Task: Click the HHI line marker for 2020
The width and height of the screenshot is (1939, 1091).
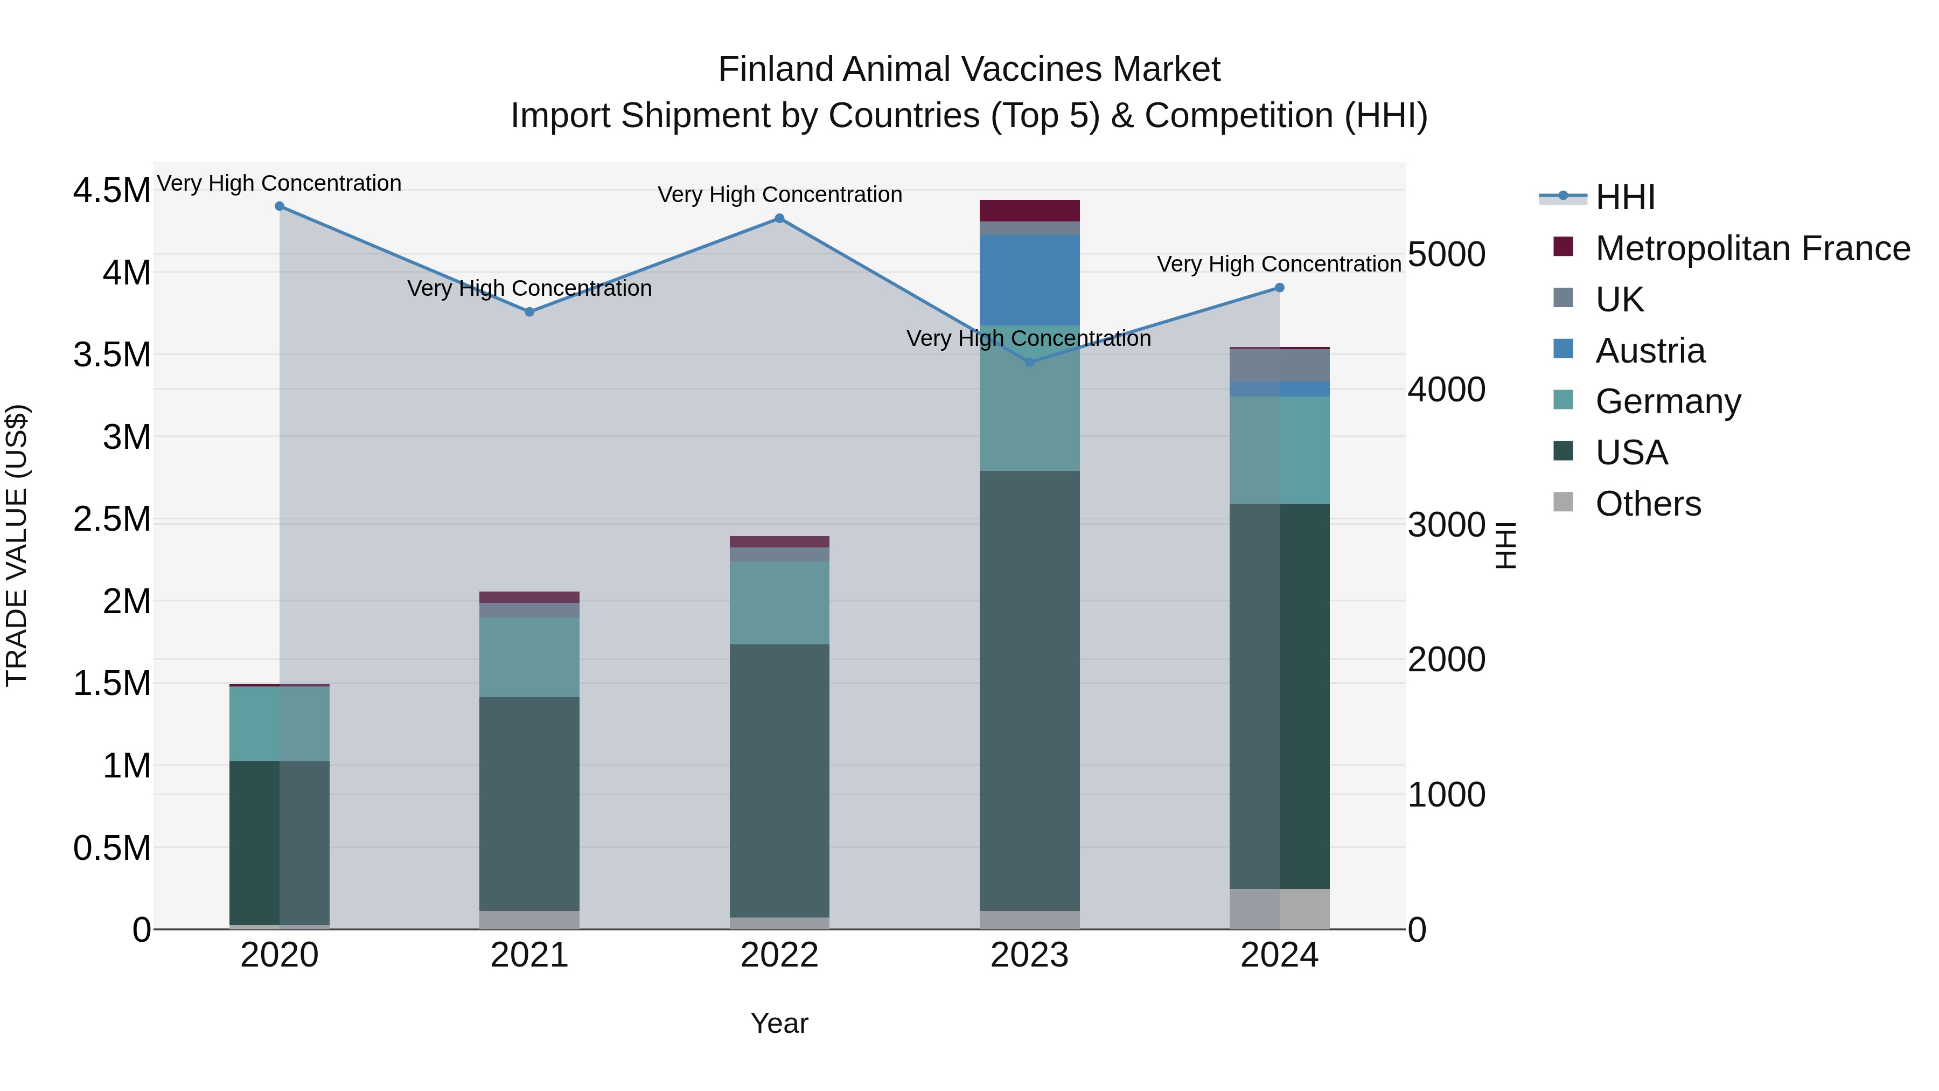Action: [x=279, y=206]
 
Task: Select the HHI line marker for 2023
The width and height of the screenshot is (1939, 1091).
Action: [x=1030, y=362]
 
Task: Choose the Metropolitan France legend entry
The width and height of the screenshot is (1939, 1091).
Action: [x=1752, y=248]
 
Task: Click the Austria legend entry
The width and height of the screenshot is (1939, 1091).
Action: [x=1650, y=351]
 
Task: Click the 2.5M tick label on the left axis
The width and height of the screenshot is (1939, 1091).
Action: [x=111, y=519]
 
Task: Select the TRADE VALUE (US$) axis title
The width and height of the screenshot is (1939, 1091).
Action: [x=17, y=545]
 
